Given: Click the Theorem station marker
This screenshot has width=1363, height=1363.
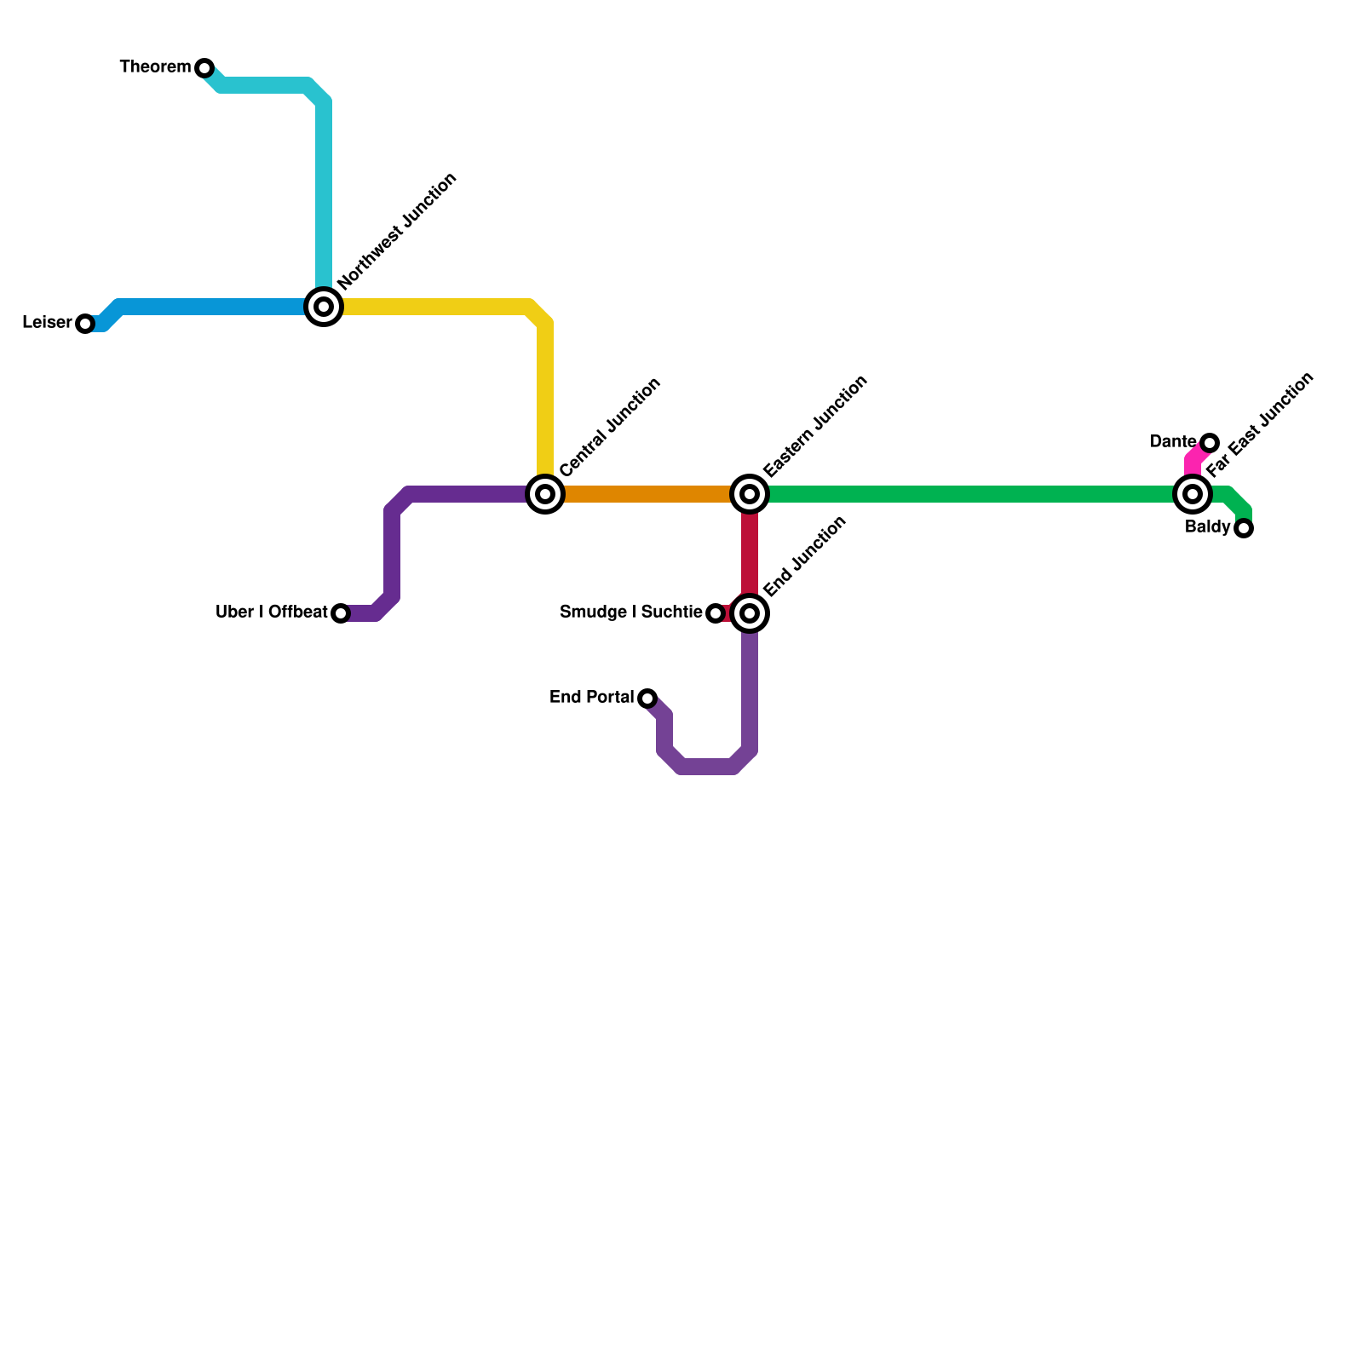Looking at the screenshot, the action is pos(204,68).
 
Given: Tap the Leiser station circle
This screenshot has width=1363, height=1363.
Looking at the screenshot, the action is pos(85,324).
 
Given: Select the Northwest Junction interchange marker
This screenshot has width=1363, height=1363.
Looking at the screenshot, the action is pos(324,307).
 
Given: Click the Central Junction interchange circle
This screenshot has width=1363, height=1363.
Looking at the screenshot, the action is pos(545,494).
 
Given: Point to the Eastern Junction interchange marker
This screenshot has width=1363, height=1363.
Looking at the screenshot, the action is pos(750,494).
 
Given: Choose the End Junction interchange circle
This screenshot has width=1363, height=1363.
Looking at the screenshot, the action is pos(750,613).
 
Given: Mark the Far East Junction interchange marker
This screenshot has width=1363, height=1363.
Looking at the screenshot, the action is pos(1193,494).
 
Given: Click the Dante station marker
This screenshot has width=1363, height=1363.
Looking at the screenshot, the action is pos(1210,443).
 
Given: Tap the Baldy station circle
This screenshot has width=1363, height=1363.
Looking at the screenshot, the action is pos(1244,529).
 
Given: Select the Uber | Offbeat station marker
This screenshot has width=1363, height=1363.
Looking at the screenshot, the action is pos(341,613).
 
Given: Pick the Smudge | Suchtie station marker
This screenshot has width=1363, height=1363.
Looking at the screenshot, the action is pos(716,613).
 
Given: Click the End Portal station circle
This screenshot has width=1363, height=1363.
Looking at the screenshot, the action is pos(647,699).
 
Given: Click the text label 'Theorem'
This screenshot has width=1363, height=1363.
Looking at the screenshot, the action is pos(155,67).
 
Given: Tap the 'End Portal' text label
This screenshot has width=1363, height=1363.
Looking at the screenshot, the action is pos(591,698).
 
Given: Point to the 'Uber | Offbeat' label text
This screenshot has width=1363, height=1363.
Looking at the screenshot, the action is pos(271,612).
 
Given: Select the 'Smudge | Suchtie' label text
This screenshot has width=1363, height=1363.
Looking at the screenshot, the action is pos(630,612).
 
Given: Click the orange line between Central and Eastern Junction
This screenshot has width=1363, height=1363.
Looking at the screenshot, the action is pos(647,494).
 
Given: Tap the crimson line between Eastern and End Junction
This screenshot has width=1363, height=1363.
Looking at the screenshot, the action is pos(750,554).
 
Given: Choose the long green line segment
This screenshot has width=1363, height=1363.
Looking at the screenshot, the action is pos(971,494).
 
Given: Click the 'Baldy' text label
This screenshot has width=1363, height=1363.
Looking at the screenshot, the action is pos(1207,527).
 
